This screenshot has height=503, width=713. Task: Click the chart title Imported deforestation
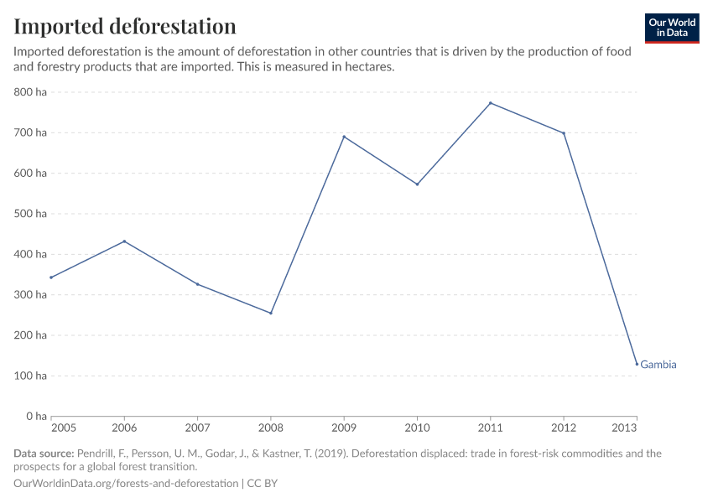pyautogui.click(x=125, y=26)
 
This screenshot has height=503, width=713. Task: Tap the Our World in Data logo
pyautogui.click(x=671, y=28)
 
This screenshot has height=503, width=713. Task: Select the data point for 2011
pyautogui.click(x=491, y=103)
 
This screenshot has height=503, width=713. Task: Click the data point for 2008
pyautogui.click(x=271, y=313)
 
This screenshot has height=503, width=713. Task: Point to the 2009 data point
pyautogui.click(x=344, y=137)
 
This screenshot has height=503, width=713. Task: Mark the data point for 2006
pyautogui.click(x=124, y=241)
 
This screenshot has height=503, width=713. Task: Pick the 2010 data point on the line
pyautogui.click(x=417, y=184)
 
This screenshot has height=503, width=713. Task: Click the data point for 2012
pyautogui.click(x=564, y=133)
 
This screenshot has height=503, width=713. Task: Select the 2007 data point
pyautogui.click(x=197, y=284)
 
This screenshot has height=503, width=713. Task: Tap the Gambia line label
pyautogui.click(x=658, y=365)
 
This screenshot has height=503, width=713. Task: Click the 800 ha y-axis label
pyautogui.click(x=30, y=92)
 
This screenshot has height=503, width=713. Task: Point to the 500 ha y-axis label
pyautogui.click(x=30, y=214)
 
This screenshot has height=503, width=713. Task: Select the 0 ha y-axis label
pyautogui.click(x=36, y=416)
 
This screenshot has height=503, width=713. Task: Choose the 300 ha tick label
pyautogui.click(x=30, y=295)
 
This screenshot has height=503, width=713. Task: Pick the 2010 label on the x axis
pyautogui.click(x=417, y=429)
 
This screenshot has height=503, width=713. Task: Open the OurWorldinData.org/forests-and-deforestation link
pyautogui.click(x=126, y=484)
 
